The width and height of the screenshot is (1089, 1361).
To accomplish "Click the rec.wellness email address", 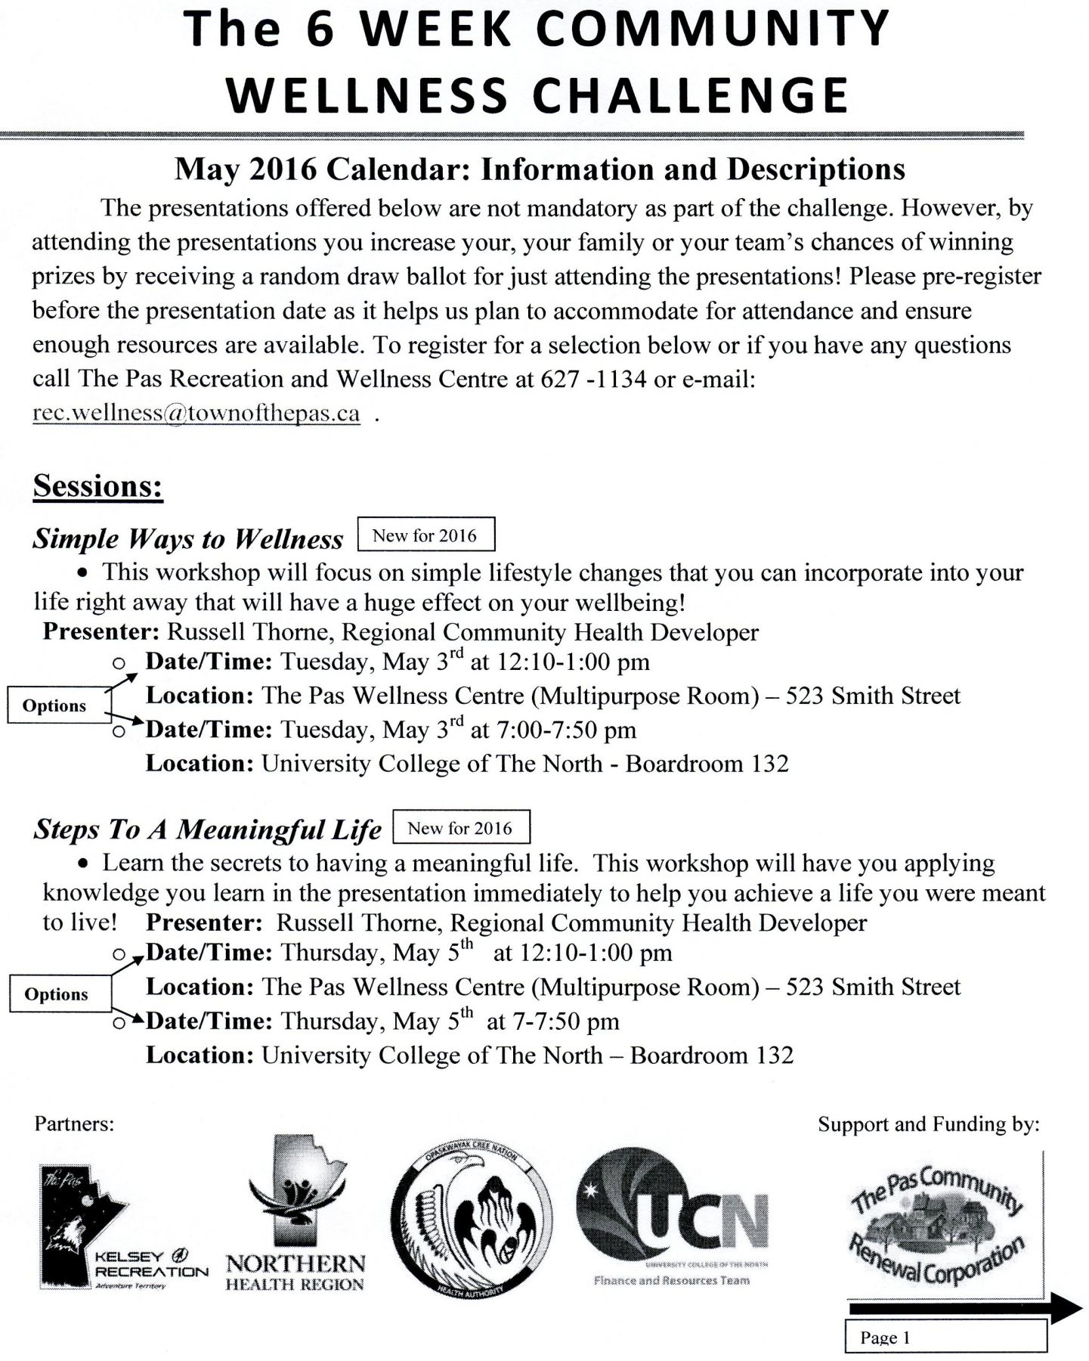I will coord(196,414).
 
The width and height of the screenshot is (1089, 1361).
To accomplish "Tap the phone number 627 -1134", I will coord(593,379).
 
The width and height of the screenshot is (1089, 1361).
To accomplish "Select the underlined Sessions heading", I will coord(98,485).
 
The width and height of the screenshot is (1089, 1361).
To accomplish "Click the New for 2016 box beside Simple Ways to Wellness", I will coord(425,535).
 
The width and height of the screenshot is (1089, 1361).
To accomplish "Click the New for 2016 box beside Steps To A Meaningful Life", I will coord(460,828).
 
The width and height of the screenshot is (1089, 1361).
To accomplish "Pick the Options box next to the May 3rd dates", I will coord(54,705).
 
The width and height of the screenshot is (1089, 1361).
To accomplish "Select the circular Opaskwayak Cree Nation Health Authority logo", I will coord(472,1217).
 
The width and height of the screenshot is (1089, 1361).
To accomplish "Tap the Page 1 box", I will coord(945,1337).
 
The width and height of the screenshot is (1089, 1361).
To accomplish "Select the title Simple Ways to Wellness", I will coord(188,538).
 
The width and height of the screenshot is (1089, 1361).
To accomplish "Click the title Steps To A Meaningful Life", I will coord(208,830).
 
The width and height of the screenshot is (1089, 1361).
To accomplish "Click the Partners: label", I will coord(74,1124).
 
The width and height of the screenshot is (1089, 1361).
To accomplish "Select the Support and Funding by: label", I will coord(928,1124).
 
